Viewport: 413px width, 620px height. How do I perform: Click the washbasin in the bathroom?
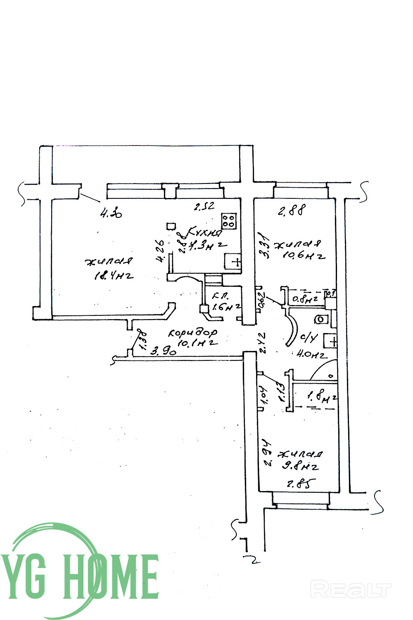click(x=332, y=341)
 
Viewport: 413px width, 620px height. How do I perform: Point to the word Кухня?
click(x=205, y=232)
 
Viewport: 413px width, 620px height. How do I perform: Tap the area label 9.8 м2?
click(x=300, y=467)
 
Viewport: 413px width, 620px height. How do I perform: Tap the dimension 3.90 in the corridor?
click(x=164, y=352)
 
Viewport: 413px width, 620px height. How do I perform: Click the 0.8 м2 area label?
click(x=305, y=299)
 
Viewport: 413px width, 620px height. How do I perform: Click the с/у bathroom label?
click(x=309, y=339)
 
